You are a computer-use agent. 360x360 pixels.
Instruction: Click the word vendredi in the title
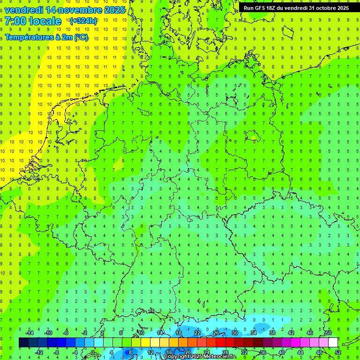point(24,10)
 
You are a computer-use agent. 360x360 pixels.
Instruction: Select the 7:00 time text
point(15,21)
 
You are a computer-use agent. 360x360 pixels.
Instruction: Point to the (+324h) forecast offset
point(83,21)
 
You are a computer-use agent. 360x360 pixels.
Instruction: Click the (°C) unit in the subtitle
point(80,37)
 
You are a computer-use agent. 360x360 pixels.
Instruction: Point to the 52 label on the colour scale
point(338,352)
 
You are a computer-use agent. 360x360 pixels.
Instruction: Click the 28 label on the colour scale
point(225,352)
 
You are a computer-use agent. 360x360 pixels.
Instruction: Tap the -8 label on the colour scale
point(57,352)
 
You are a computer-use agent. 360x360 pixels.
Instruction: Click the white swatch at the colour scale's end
point(333,343)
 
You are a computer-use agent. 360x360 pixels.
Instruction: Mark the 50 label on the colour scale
point(329,332)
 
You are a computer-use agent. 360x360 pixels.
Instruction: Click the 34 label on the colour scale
point(254,332)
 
